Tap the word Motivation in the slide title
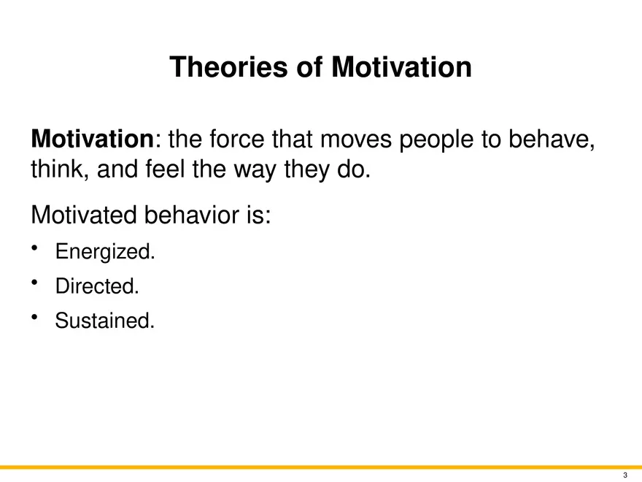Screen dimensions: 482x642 (401, 68)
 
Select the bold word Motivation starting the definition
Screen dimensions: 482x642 (93, 138)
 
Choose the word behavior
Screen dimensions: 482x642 (204, 215)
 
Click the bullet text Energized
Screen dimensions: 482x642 (105, 253)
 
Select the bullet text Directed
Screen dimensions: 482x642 (96, 287)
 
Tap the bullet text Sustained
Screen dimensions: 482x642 (104, 321)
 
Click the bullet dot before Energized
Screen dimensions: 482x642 (35, 250)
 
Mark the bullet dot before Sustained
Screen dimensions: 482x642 (35, 317)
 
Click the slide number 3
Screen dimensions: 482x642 (625, 475)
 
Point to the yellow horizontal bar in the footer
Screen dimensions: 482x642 (321, 467)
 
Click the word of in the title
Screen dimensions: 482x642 (310, 68)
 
